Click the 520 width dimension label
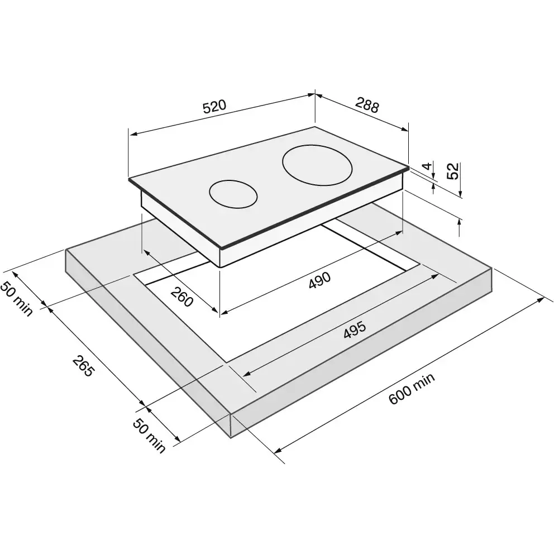pos(214,106)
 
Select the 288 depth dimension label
pos(367,105)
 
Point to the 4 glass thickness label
pos(428,166)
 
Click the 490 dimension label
pos(320,280)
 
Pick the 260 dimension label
pos(182,297)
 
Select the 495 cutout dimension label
pos(355,330)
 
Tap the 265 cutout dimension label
pos(83,366)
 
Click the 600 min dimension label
pos(412,389)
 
